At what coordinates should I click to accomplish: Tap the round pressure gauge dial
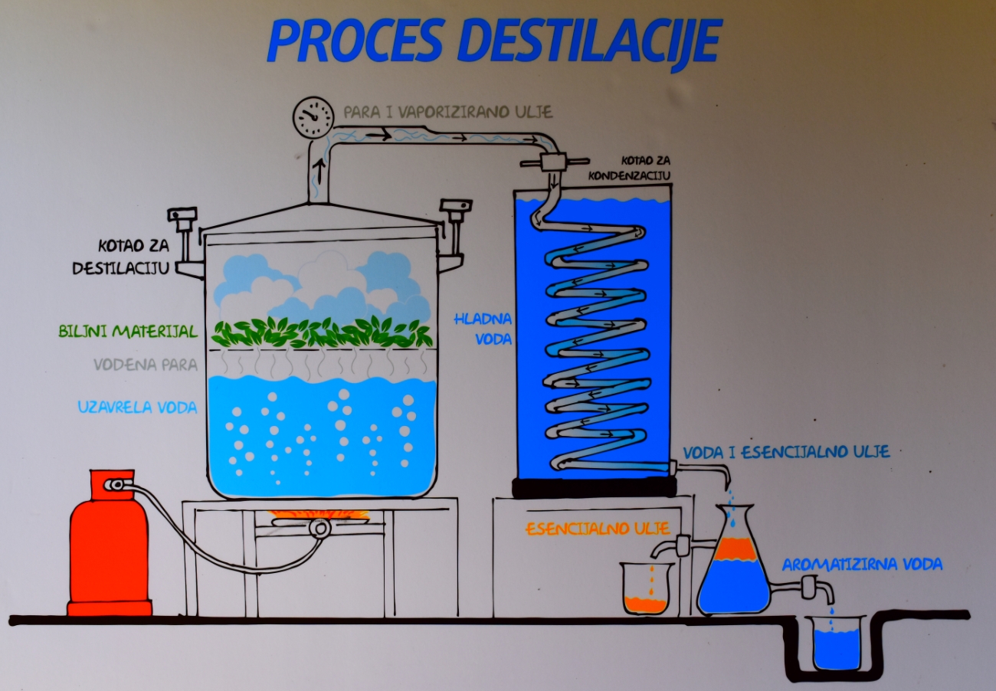tap(313, 116)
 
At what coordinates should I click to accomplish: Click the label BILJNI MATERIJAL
tap(128, 332)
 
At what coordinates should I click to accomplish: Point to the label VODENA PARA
tap(146, 364)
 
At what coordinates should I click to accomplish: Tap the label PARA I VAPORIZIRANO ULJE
tap(447, 112)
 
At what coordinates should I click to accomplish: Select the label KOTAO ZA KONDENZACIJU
tap(630, 169)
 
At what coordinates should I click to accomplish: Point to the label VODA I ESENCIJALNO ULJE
tap(786, 452)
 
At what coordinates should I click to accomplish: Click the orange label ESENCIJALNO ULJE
tap(598, 529)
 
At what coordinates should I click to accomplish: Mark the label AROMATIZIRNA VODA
tap(861, 565)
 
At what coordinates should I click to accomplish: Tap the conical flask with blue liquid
tap(733, 571)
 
